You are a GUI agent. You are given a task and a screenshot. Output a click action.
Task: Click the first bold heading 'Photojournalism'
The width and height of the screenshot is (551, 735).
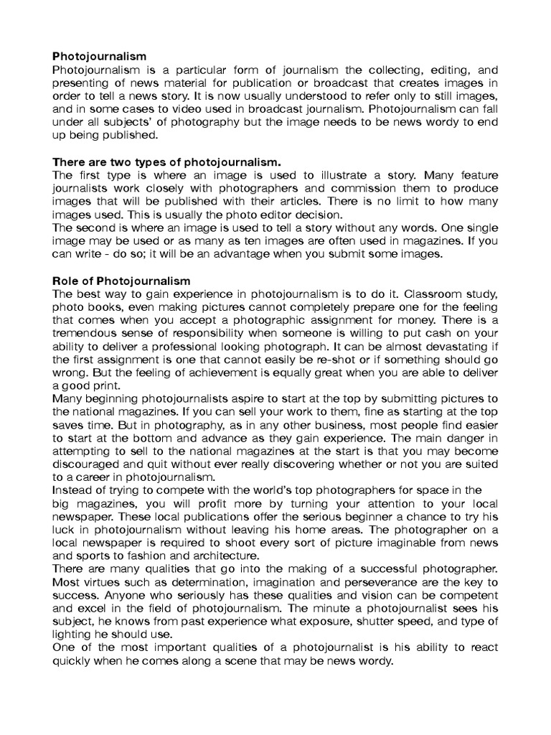(99, 56)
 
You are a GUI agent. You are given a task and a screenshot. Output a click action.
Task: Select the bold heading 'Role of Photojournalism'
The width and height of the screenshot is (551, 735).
(121, 281)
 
